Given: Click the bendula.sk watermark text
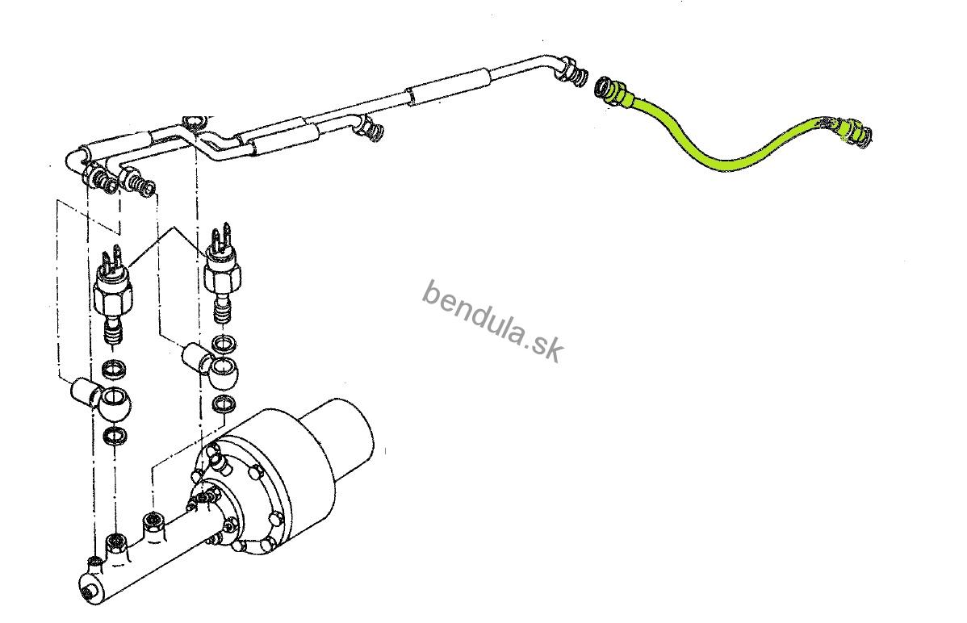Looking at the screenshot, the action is [x=492, y=320].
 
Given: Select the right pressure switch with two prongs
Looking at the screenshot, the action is [x=222, y=272].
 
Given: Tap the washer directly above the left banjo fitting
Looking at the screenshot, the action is [x=115, y=370].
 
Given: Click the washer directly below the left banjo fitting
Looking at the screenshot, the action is [x=115, y=435].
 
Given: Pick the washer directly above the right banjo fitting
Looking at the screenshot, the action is [x=224, y=342].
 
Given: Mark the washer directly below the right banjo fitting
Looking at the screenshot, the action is [x=224, y=404].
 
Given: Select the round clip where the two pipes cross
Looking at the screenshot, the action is [x=195, y=122].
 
